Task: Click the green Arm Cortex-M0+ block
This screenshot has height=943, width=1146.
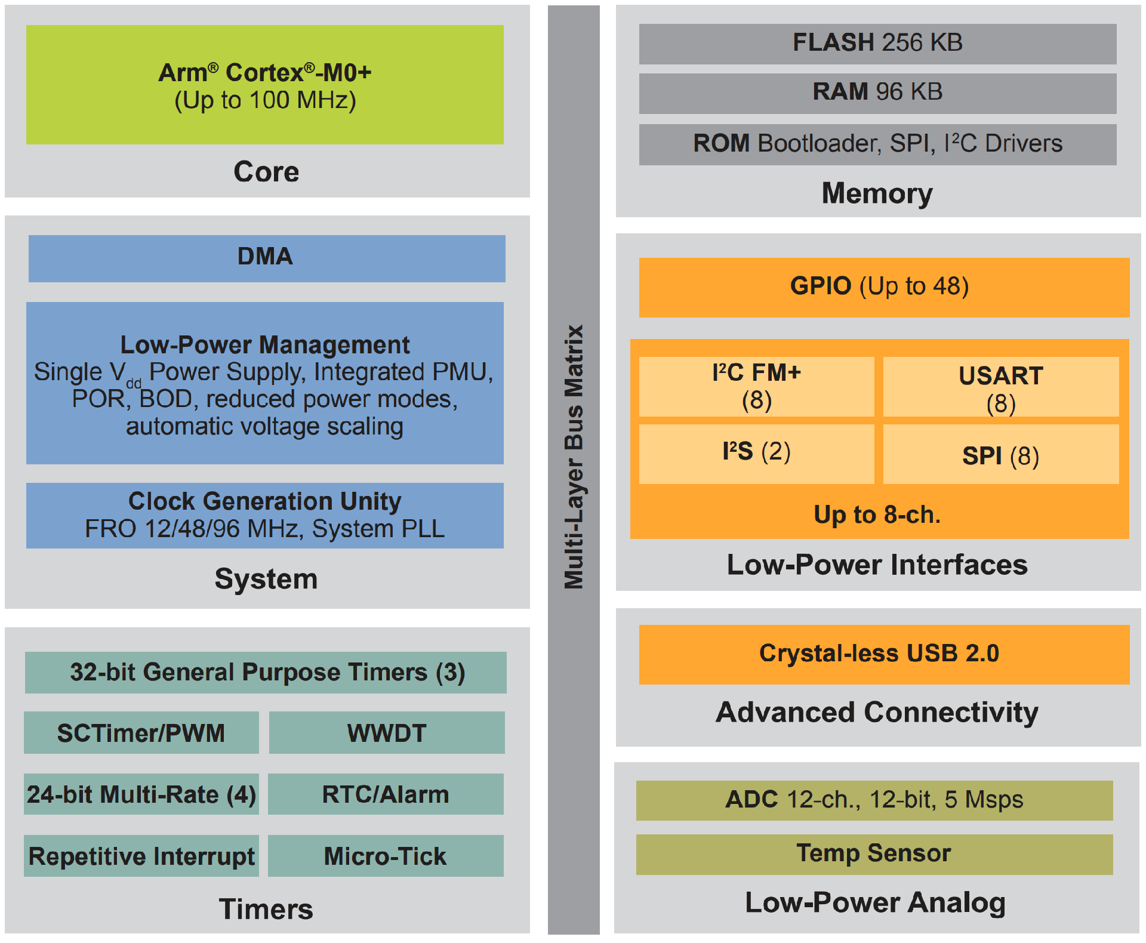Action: pyautogui.click(x=265, y=84)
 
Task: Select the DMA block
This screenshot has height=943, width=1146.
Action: pyautogui.click(x=267, y=258)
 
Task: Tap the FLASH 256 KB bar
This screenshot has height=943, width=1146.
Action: pyautogui.click(x=877, y=44)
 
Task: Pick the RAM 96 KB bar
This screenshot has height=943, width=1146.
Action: pyautogui.click(x=877, y=93)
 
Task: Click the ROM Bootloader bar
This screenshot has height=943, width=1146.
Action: pyautogui.click(x=877, y=144)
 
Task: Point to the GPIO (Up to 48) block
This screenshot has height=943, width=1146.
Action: pyautogui.click(x=884, y=287)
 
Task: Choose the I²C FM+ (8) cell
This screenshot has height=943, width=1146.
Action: pyautogui.click(x=756, y=386)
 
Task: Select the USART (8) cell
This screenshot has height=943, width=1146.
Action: pyautogui.click(x=1001, y=386)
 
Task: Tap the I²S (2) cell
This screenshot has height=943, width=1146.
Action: pyautogui.click(x=756, y=454)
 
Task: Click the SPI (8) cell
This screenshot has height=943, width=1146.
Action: pyautogui.click(x=1001, y=454)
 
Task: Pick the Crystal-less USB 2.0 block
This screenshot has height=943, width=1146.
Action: pyautogui.click(x=884, y=654)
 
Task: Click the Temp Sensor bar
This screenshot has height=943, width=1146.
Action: pyautogui.click(x=874, y=854)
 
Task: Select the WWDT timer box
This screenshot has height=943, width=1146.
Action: pyautogui.click(x=387, y=732)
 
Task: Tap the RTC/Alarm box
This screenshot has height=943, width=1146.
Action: pyautogui.click(x=386, y=794)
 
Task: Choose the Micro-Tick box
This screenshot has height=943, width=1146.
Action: pyautogui.click(x=386, y=855)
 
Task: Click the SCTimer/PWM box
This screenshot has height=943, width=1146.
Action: pyautogui.click(x=141, y=732)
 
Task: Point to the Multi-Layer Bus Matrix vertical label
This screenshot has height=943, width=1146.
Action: pyautogui.click(x=574, y=457)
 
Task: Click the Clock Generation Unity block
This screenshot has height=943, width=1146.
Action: pyautogui.click(x=265, y=515)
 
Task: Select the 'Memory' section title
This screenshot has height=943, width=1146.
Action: pyautogui.click(x=877, y=193)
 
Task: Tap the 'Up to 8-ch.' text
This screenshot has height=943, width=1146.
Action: pyautogui.click(x=877, y=514)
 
